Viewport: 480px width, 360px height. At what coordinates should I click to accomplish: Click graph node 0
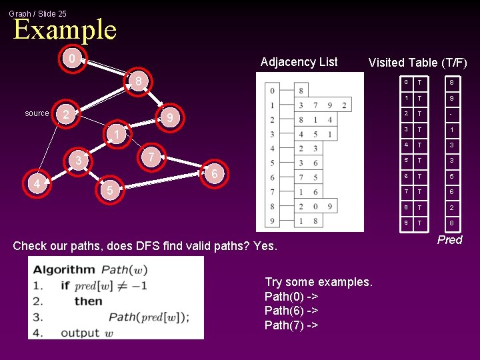pyautogui.click(x=72, y=59)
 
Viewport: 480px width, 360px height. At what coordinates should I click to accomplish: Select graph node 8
pyautogui.click(x=138, y=81)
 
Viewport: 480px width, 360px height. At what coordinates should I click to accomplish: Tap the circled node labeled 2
pyautogui.click(x=65, y=115)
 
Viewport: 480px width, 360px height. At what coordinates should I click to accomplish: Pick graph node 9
pyautogui.click(x=170, y=118)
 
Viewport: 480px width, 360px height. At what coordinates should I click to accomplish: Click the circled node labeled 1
pyautogui.click(x=116, y=135)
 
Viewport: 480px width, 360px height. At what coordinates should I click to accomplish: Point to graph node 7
pyautogui.click(x=151, y=157)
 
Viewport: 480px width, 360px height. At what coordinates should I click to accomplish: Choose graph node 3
pyautogui.click(x=79, y=161)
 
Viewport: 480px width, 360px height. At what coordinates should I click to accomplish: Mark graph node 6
pyautogui.click(x=213, y=174)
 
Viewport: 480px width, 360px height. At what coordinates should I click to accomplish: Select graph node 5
pyautogui.click(x=109, y=190)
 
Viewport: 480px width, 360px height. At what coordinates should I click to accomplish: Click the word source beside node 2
pyautogui.click(x=37, y=113)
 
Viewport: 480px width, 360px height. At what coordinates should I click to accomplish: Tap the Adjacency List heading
pyautogui.click(x=299, y=62)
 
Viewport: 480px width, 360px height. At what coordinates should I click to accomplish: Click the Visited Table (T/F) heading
pyautogui.click(x=417, y=63)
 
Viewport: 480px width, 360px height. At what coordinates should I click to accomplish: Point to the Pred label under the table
pyautogui.click(x=449, y=240)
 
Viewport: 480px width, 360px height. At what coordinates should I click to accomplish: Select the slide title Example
pyautogui.click(x=65, y=30)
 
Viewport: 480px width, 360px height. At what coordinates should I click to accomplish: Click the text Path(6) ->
pyautogui.click(x=291, y=311)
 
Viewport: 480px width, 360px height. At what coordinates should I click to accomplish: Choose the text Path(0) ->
pyautogui.click(x=291, y=297)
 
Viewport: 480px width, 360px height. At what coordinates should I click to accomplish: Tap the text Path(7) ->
pyautogui.click(x=291, y=325)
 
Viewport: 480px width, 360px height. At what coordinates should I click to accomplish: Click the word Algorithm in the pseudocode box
pyautogui.click(x=65, y=270)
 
